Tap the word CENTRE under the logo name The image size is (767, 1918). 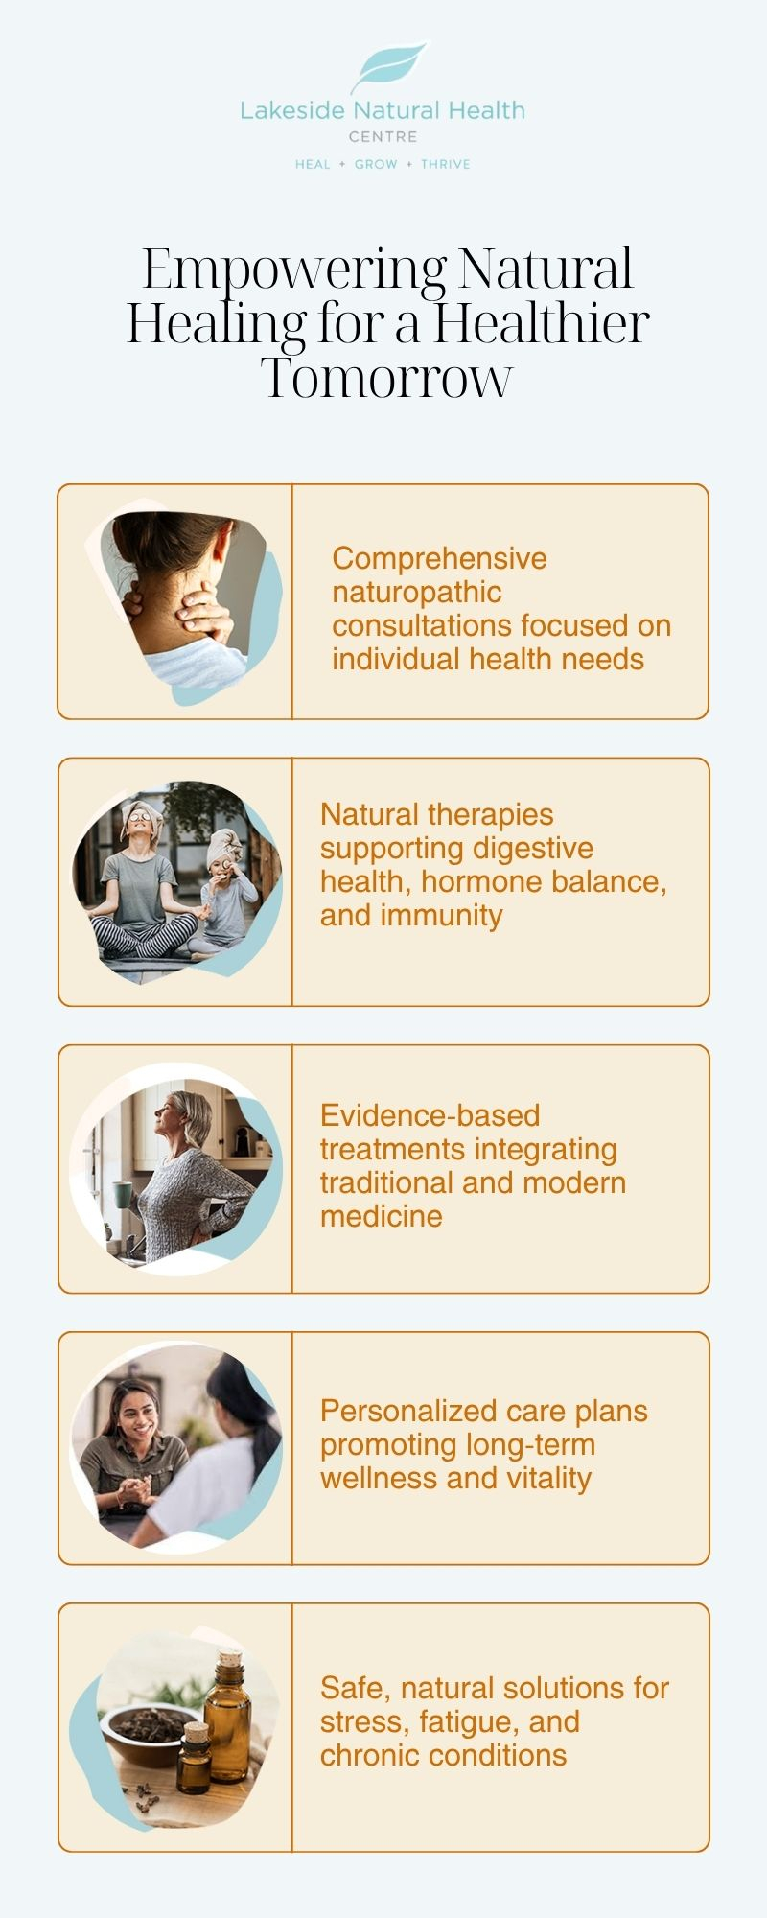coord(383,137)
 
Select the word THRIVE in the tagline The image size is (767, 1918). coord(446,164)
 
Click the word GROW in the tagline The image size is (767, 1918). coord(376,164)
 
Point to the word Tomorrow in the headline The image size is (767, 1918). coord(386,378)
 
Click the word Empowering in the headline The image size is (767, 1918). coord(294,270)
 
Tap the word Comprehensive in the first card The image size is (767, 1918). coord(439,558)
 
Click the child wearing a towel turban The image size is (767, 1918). coord(226,892)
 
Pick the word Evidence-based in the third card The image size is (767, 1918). coord(430,1115)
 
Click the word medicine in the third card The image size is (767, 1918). coord(381,1216)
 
